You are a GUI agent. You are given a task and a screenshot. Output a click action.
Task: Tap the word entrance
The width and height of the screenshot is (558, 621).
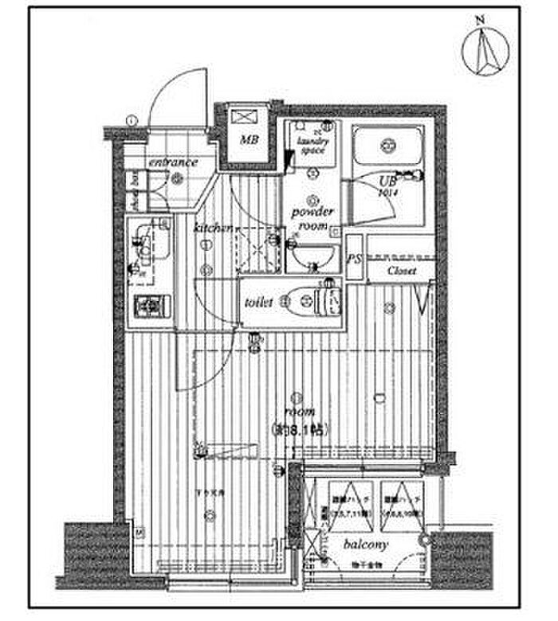172,162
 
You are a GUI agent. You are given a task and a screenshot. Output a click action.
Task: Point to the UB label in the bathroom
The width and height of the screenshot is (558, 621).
387,182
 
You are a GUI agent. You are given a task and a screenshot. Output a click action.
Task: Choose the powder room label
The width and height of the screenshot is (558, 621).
312,217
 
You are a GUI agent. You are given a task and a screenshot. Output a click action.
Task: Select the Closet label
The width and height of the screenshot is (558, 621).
400,271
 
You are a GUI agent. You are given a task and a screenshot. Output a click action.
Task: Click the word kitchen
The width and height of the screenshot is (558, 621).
211,228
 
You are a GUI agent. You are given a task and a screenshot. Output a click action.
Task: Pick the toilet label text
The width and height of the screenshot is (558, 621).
260,303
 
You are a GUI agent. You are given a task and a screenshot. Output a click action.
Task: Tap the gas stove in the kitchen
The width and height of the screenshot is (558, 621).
147,306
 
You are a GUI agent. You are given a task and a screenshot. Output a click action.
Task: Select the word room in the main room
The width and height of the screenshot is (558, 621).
299,412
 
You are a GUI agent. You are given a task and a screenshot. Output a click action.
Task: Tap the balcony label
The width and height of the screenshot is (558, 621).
366,545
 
